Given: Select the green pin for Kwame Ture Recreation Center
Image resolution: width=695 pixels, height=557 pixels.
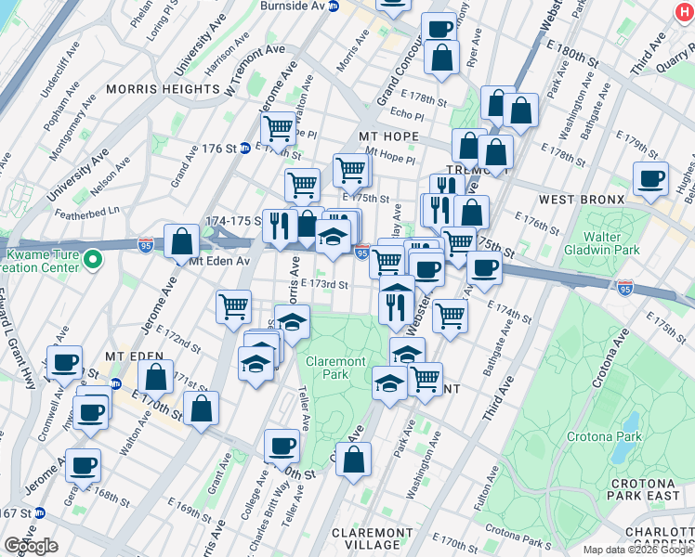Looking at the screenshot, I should [91, 260].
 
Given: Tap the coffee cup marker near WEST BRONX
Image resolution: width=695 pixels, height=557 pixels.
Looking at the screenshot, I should [650, 179].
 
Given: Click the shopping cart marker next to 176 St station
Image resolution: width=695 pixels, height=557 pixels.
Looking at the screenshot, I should [278, 128].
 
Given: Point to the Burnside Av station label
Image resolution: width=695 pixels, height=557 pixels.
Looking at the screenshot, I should [297, 6].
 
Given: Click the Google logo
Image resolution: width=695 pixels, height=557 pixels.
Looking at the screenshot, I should [31, 546].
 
